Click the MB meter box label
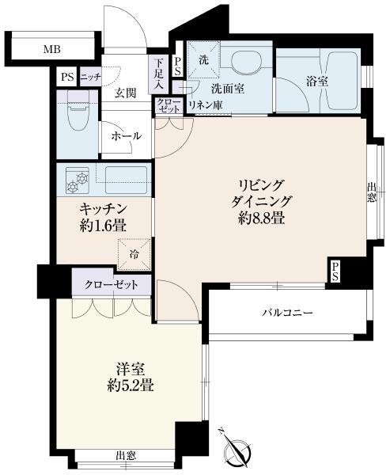(51, 49)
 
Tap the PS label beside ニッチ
(67, 77)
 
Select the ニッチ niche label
(90, 77)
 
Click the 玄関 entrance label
(125, 93)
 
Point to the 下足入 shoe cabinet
(158, 74)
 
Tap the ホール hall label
(127, 136)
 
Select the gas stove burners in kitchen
(78, 180)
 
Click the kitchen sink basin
(125, 180)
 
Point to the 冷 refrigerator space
(134, 254)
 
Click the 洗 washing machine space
(203, 60)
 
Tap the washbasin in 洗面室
(245, 62)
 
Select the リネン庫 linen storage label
(206, 105)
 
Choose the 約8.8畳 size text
(261, 218)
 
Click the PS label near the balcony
(335, 272)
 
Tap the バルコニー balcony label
(288, 312)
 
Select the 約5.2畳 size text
(131, 386)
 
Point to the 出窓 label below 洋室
(125, 455)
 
